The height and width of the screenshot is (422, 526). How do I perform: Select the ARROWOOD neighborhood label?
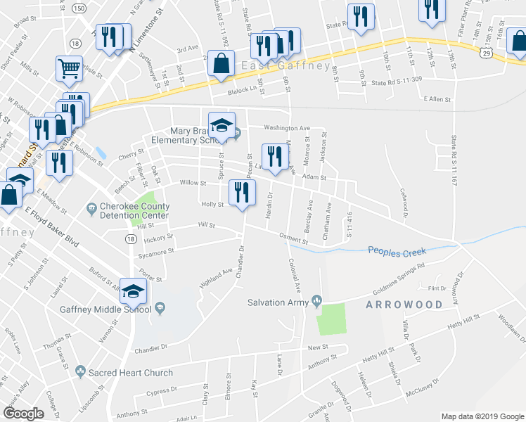coord(404,305)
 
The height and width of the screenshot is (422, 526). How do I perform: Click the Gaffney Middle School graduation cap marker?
coord(133,290)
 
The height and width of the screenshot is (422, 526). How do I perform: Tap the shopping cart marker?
coord(69,69)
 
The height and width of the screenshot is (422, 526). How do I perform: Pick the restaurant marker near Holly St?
coord(241,191)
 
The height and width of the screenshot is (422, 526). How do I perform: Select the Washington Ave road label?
coord(287,129)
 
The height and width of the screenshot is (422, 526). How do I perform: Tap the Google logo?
coord(24,414)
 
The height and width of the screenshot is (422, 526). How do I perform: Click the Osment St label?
coord(293,239)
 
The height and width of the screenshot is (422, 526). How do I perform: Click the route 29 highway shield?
coord(485,53)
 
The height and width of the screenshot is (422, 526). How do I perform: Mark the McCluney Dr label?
coord(422,390)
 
